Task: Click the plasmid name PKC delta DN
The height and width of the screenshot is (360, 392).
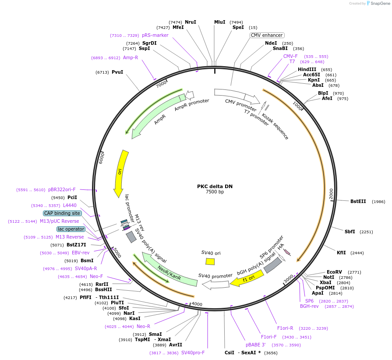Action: pos(215,186)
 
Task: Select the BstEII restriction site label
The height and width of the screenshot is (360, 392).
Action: pos(358,201)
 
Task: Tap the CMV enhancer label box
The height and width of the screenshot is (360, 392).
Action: pos(267,35)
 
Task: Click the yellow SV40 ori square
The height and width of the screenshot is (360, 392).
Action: pos(210,261)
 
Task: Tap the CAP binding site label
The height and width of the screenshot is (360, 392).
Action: pos(62,213)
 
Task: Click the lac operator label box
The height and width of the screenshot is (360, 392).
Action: pos(71,229)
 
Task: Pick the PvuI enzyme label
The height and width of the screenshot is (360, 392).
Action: pos(117,72)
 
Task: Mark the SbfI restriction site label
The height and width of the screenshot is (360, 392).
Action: pos(350,232)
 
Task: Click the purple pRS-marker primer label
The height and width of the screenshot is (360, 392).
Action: pos(155,35)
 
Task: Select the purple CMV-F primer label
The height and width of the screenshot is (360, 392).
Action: pos(290,56)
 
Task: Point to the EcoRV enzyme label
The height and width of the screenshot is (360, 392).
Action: pos(334,272)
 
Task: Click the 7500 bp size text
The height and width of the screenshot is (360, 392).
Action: pos(215,192)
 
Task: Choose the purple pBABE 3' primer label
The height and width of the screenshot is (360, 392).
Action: pos(255,345)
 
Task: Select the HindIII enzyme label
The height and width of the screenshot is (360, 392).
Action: pos(307,69)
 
